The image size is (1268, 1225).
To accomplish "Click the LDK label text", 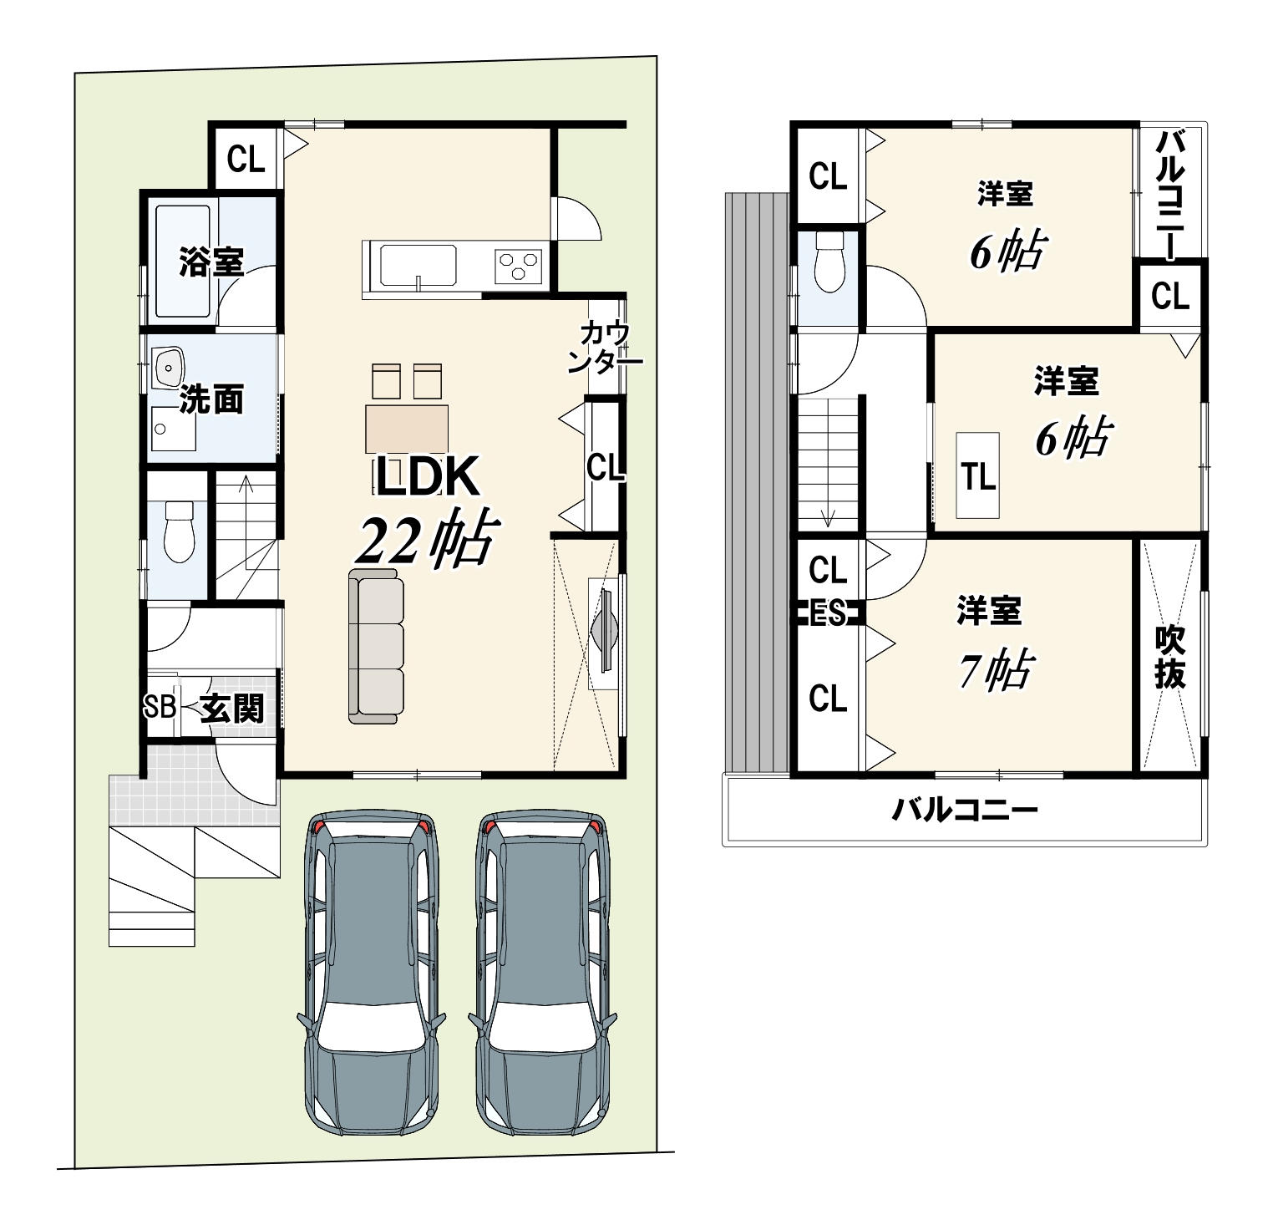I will pyautogui.click(x=427, y=477).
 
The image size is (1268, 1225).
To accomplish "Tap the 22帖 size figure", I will pyautogui.click(x=426, y=541).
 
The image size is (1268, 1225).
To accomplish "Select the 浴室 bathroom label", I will pyautogui.click(x=211, y=262).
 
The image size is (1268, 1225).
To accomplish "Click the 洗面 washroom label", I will pyautogui.click(x=211, y=400).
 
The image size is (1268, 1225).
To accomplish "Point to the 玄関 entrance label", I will pyautogui.click(x=233, y=709).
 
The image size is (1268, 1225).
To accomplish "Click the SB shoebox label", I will pyautogui.click(x=160, y=707).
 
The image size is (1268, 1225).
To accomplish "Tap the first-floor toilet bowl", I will pyautogui.click(x=179, y=531).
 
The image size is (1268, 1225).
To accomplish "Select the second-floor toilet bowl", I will pyautogui.click(x=829, y=262).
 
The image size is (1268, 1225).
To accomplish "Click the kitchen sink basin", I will pyautogui.click(x=418, y=266).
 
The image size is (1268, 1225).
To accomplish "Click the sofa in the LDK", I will pyautogui.click(x=376, y=645).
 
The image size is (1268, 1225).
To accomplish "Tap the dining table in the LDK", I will pyautogui.click(x=406, y=429).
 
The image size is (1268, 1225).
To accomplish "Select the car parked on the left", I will pyautogui.click(x=371, y=972).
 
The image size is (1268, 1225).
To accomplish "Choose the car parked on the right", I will pyautogui.click(x=542, y=972).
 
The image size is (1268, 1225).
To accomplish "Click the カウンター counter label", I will pyautogui.click(x=611, y=346).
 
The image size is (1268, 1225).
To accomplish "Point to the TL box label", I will pyautogui.click(x=977, y=476).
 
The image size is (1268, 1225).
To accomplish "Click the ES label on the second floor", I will pyautogui.click(x=828, y=614).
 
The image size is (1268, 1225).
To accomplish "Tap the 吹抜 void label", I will pyautogui.click(x=1169, y=657).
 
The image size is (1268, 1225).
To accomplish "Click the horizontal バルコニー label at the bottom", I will pyautogui.click(x=964, y=810).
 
